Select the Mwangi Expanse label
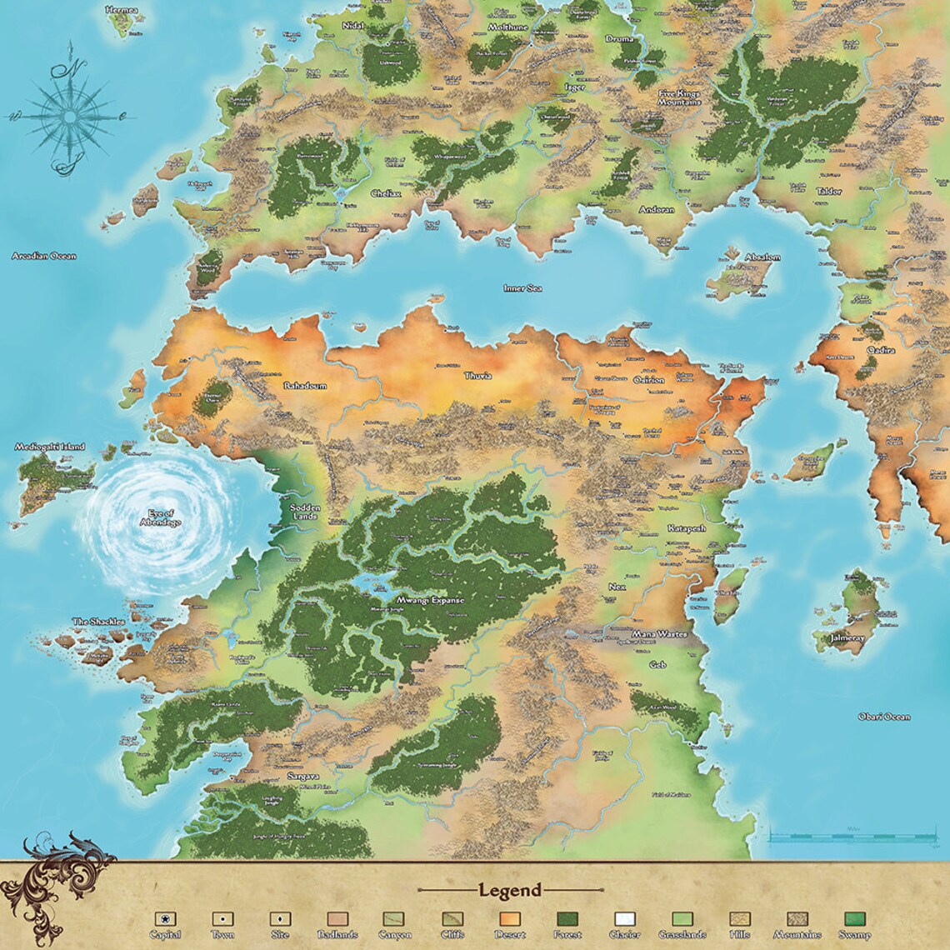tap(430, 600)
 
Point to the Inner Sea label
tap(522, 288)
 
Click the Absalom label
tap(762, 257)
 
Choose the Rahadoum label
tap(304, 387)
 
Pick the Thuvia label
tap(477, 376)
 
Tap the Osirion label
tap(649, 380)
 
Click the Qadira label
tap(880, 351)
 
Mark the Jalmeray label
tap(848, 639)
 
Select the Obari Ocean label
tap(883, 717)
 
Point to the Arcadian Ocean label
tap(43, 256)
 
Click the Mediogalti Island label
tap(49, 447)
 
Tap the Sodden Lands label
tap(305, 512)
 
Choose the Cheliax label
tap(386, 194)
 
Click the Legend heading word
tap(509, 890)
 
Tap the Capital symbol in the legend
tap(167, 919)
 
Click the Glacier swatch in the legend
tap(624, 919)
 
